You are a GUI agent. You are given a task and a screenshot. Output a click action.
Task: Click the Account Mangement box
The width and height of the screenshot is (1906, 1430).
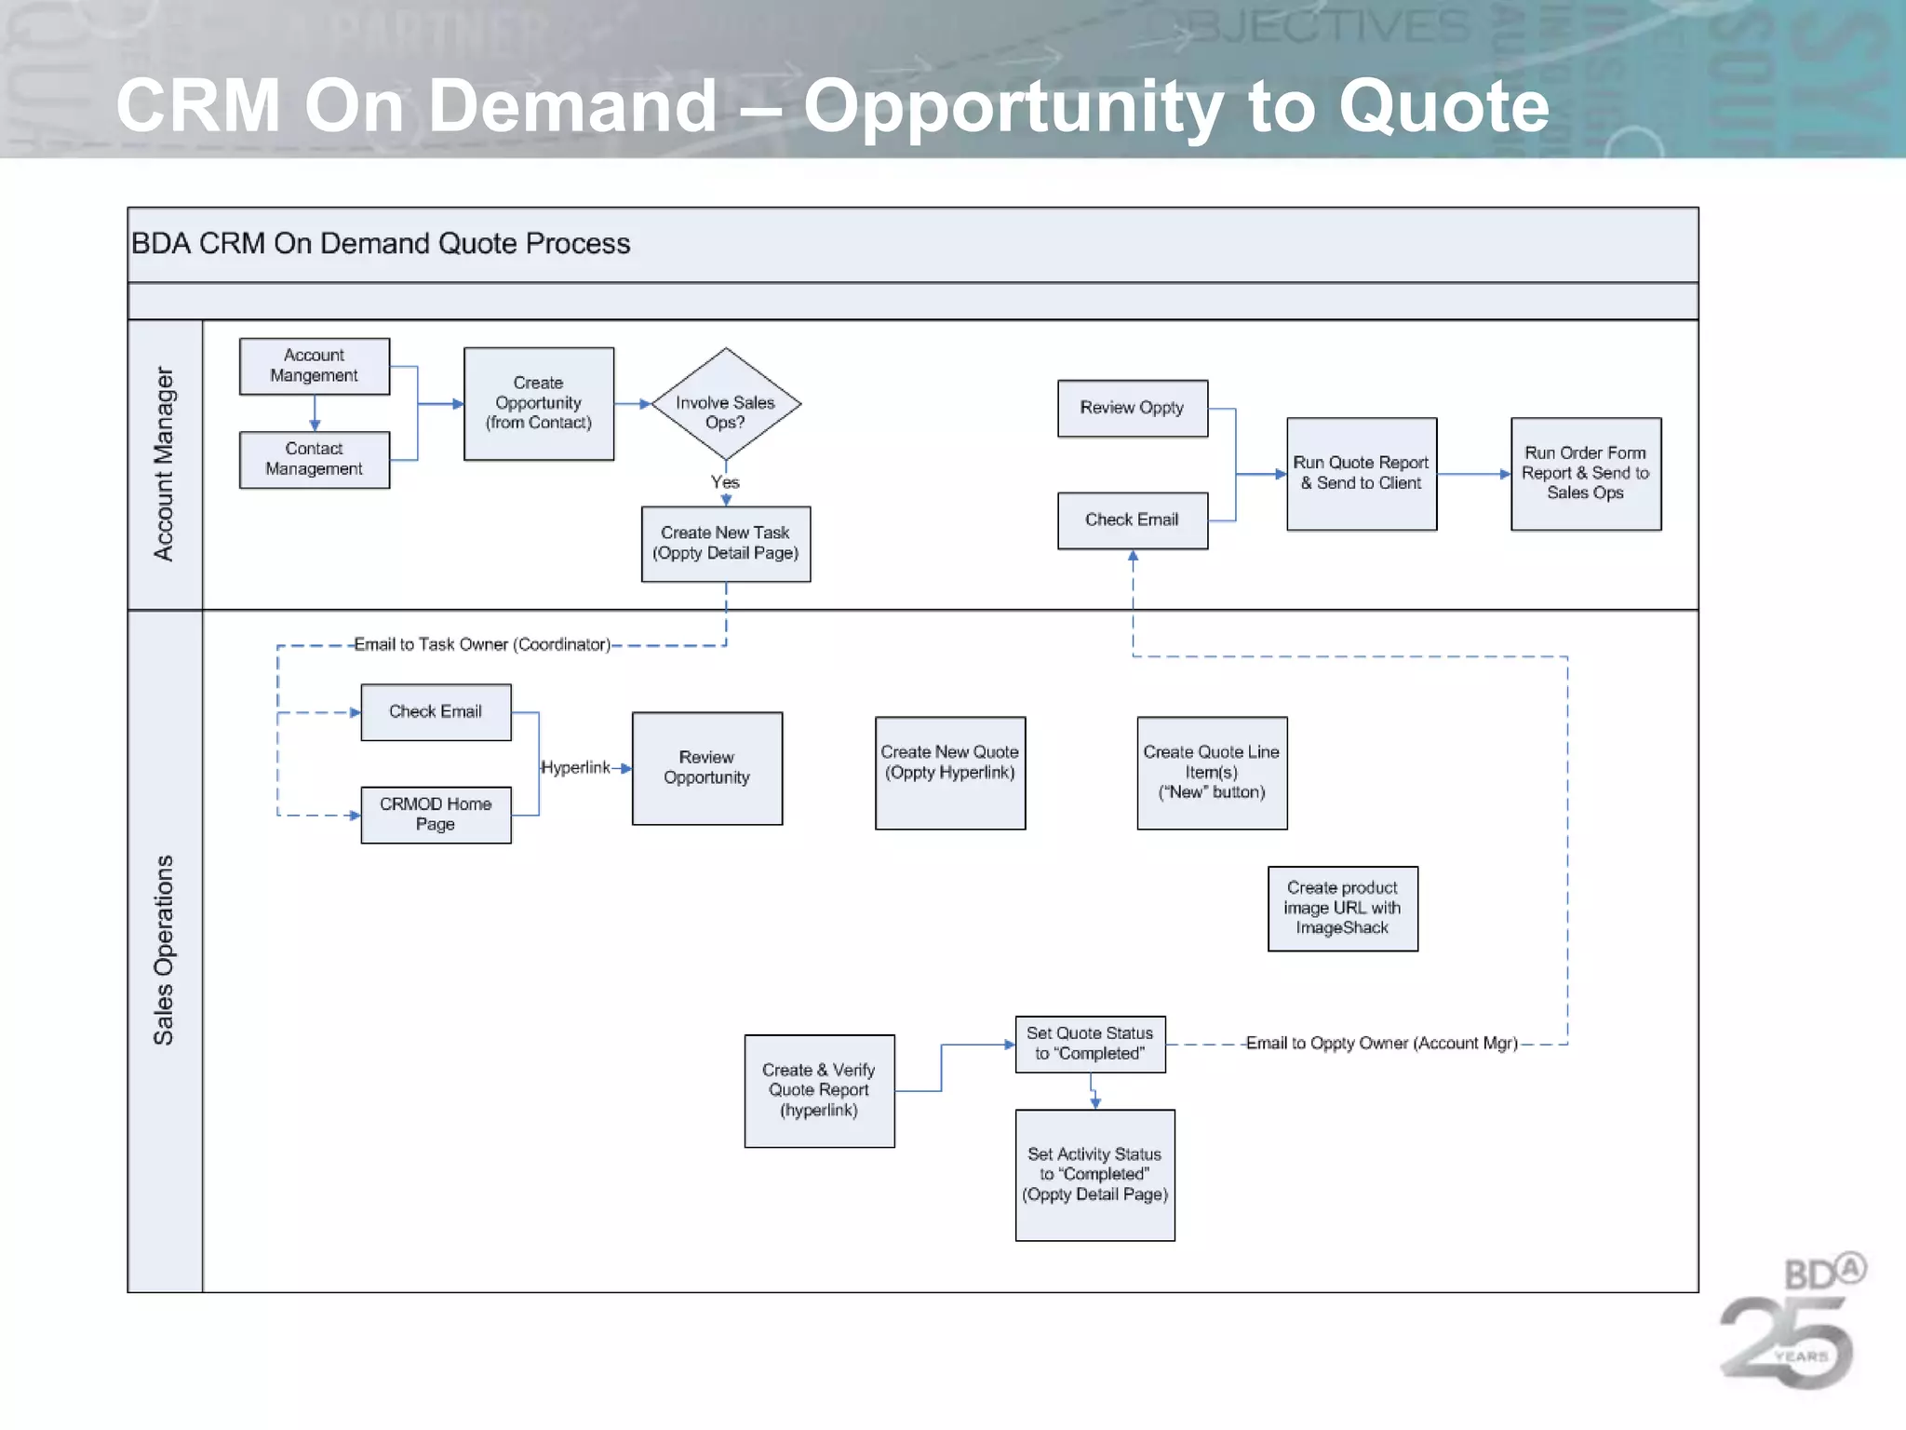pyautogui.click(x=314, y=366)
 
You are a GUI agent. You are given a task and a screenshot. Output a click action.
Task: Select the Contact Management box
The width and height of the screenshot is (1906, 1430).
pyautogui.click(x=314, y=459)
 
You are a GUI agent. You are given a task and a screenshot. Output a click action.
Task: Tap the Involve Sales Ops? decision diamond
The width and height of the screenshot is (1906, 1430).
pyautogui.click(x=725, y=404)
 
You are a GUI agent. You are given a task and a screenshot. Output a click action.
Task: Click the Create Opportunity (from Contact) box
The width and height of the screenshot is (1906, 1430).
pyautogui.click(x=538, y=403)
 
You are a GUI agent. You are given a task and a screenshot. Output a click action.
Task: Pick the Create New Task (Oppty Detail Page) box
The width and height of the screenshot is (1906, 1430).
pyautogui.click(x=725, y=544)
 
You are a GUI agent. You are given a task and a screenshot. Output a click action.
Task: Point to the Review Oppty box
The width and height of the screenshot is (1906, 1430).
pyautogui.click(x=1132, y=408)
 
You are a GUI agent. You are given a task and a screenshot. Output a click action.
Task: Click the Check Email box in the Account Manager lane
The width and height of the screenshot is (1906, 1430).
pyautogui.click(x=1132, y=520)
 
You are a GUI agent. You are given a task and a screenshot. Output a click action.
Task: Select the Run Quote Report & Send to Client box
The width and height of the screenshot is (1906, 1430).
pyautogui.click(x=1361, y=474)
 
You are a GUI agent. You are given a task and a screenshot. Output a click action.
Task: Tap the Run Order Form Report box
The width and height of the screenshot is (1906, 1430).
pyautogui.click(x=1585, y=474)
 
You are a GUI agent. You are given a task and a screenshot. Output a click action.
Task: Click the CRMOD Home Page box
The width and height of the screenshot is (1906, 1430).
pyautogui.click(x=435, y=815)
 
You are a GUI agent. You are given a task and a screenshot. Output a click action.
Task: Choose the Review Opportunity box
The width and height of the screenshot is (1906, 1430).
pyautogui.click(x=706, y=768)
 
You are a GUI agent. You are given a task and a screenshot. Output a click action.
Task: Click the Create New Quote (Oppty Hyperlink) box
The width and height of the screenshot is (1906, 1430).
pyautogui.click(x=949, y=772)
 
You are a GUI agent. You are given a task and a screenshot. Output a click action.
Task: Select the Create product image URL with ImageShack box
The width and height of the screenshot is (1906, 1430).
pyautogui.click(x=1342, y=908)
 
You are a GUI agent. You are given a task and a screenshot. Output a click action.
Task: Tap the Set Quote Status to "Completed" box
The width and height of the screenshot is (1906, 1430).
pyautogui.click(x=1089, y=1044)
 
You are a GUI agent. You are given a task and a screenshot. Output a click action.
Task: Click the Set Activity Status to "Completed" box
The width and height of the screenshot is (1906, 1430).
pyautogui.click(x=1094, y=1174)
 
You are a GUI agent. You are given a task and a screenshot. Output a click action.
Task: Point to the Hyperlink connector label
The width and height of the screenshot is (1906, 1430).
pyautogui.click(x=575, y=767)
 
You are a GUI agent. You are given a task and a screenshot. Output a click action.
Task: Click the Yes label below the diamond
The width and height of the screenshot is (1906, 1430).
pyautogui.click(x=725, y=482)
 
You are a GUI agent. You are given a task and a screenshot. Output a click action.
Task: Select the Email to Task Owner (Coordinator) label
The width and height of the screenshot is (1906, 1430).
pyautogui.click(x=482, y=644)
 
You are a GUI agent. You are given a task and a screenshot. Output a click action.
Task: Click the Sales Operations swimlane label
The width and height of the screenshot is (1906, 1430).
pyautogui.click(x=164, y=950)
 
